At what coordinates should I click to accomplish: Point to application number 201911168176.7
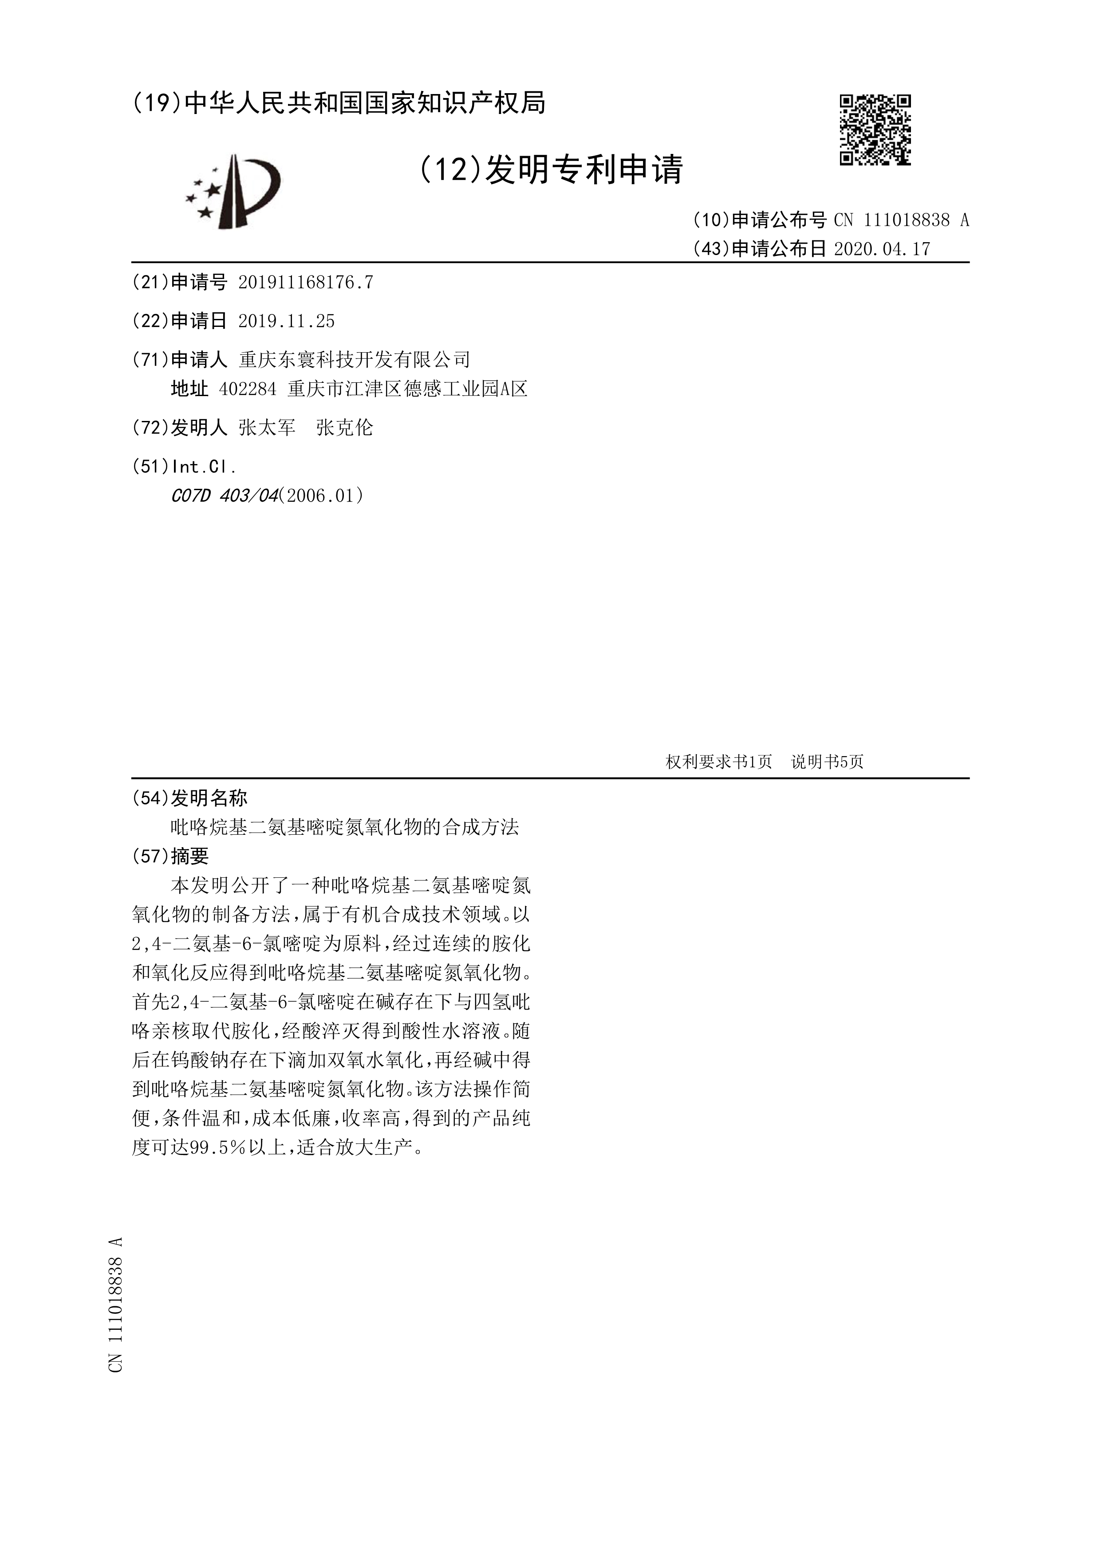(306, 283)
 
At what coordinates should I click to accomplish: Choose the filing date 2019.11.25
(287, 321)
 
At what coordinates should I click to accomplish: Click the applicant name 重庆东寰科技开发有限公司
(355, 359)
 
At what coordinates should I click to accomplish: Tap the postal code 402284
(248, 389)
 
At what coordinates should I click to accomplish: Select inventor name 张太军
(267, 428)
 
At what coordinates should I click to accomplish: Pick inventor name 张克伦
(344, 428)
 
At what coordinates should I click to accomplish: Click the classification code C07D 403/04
(225, 496)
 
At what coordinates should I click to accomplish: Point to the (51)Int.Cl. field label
(184, 466)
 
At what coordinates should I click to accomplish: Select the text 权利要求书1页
(718, 762)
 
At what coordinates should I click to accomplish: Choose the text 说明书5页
(827, 762)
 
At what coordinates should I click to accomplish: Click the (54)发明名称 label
(190, 798)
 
